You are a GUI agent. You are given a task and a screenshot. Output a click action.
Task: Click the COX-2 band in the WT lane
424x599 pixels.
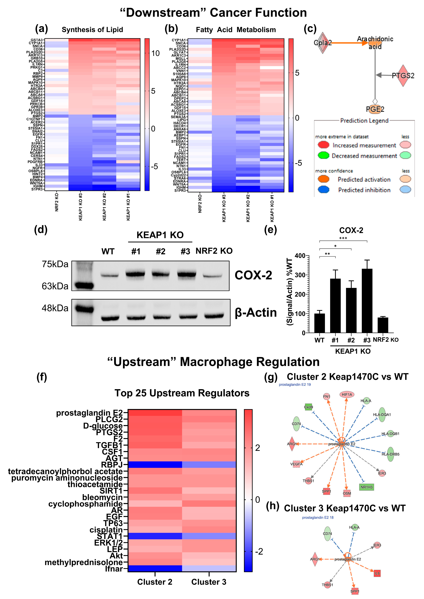coord(110,275)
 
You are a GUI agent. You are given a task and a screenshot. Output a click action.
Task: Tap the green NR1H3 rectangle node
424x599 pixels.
coord(367,487)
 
